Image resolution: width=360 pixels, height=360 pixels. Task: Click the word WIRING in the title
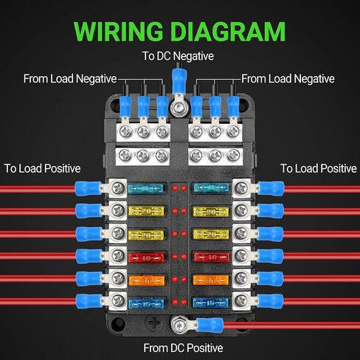(x=118, y=32)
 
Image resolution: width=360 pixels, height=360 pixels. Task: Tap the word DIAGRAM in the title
(x=228, y=32)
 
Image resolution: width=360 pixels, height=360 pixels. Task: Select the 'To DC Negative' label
(x=178, y=56)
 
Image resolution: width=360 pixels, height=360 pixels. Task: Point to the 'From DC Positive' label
(x=183, y=347)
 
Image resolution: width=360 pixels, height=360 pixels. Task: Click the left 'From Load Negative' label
(x=70, y=79)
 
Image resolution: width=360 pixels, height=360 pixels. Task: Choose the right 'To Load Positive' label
(x=319, y=168)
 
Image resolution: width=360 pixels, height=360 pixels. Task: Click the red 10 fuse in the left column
(x=146, y=257)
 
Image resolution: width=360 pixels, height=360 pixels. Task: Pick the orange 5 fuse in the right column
(x=211, y=280)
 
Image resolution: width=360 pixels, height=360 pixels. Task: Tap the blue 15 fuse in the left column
(x=146, y=303)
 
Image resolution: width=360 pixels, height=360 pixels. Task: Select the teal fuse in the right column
(x=211, y=188)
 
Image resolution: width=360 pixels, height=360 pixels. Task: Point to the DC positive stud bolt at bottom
(x=179, y=325)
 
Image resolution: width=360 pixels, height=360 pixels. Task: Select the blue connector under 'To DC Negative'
(x=179, y=80)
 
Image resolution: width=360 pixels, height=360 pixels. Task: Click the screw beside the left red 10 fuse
(x=118, y=255)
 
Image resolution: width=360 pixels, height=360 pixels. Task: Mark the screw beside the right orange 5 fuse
(x=241, y=278)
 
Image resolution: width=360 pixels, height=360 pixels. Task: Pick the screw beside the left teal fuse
(x=118, y=188)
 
